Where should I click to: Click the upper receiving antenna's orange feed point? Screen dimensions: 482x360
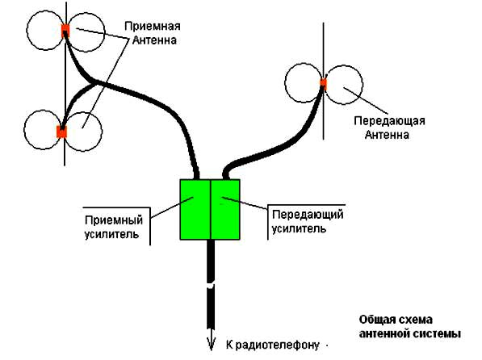click(65, 31)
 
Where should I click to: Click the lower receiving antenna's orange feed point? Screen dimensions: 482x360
click(62, 132)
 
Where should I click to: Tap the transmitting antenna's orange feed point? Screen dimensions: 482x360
click(323, 82)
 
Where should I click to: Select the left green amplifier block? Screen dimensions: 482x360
click(195, 209)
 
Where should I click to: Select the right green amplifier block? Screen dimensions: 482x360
click(225, 209)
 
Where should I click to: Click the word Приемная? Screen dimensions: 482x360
click(152, 26)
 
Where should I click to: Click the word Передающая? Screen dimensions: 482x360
click(389, 121)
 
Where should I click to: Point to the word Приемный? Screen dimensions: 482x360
click(114, 220)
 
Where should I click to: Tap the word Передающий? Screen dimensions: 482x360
click(308, 214)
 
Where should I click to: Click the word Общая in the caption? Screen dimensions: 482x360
click(378, 320)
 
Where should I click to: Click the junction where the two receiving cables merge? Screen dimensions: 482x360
click(94, 82)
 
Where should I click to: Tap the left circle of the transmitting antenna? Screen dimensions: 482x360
click(304, 82)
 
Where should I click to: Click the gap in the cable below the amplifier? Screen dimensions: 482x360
click(211, 285)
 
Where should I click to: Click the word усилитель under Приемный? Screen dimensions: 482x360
click(111, 234)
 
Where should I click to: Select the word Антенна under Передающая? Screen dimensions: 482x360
click(387, 135)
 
